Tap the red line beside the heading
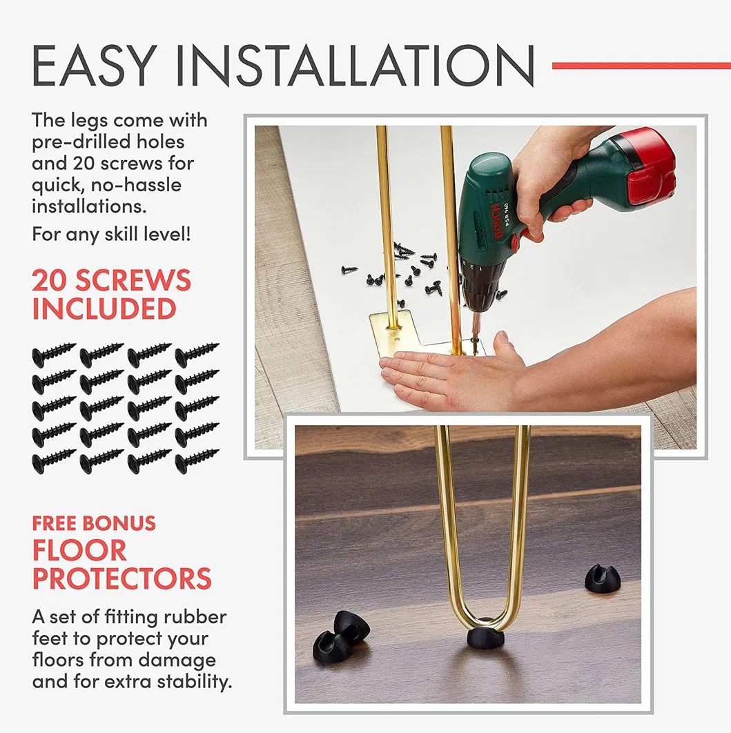[641, 66]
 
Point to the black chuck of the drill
[481, 285]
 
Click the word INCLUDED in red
[104, 309]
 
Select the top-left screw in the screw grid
[54, 355]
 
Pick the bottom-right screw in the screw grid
[197, 461]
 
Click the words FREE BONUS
[94, 523]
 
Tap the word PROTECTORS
[121, 578]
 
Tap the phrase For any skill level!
[111, 234]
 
